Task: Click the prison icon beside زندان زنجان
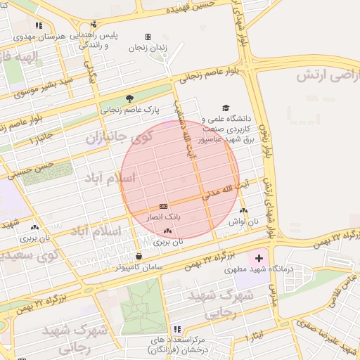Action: click(x=148, y=37)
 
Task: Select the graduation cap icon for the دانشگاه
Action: click(x=226, y=108)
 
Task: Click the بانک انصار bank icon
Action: click(x=163, y=206)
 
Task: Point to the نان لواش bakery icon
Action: click(x=243, y=210)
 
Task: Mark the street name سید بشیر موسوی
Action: click(x=44, y=86)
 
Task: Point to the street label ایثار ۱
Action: click(x=250, y=335)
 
